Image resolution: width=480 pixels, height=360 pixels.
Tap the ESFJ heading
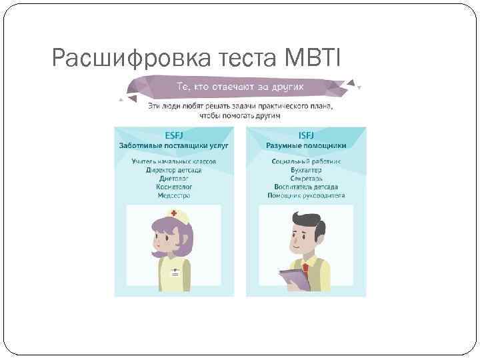(x=173, y=133)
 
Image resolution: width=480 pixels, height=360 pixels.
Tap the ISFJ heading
(x=307, y=133)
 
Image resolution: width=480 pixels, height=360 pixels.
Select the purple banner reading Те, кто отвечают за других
(x=240, y=87)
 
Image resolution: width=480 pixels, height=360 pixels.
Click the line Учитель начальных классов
(x=173, y=161)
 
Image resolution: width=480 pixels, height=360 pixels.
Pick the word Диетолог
(x=173, y=179)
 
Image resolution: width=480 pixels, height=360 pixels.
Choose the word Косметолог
(x=173, y=187)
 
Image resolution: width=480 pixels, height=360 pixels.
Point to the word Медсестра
(x=173, y=196)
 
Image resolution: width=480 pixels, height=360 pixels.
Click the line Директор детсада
(x=173, y=170)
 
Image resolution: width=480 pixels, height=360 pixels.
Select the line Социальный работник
(x=307, y=161)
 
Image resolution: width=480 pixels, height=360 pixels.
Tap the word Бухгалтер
(x=307, y=170)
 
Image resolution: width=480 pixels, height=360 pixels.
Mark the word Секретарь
(x=307, y=179)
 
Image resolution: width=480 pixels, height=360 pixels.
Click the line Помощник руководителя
(x=307, y=196)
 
